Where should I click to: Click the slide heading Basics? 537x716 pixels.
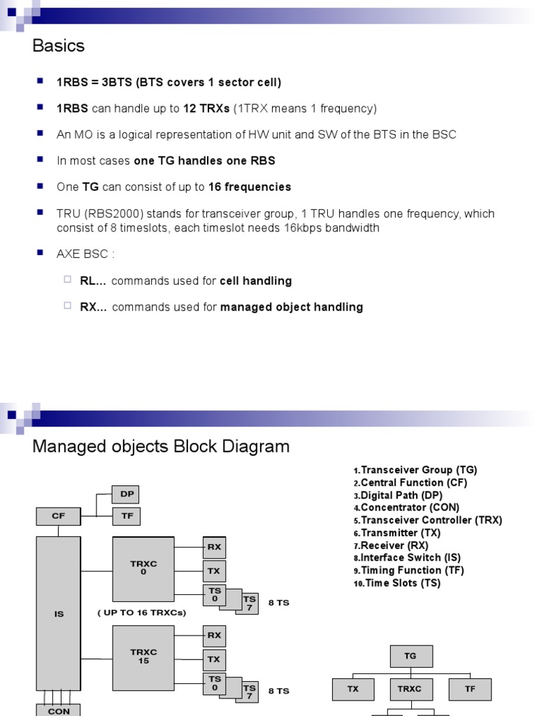pyautogui.click(x=59, y=46)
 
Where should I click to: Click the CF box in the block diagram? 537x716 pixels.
pyautogui.click(x=58, y=516)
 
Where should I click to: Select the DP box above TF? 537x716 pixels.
pyautogui.click(x=127, y=494)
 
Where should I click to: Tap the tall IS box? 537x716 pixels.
pyautogui.click(x=59, y=614)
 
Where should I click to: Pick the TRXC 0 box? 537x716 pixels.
pyautogui.click(x=143, y=569)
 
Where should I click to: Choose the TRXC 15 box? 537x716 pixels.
pyautogui.click(x=143, y=656)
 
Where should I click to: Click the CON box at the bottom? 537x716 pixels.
pyautogui.click(x=59, y=710)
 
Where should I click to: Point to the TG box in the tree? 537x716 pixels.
pyautogui.click(x=410, y=656)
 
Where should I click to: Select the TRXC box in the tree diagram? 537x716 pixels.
pyautogui.click(x=410, y=689)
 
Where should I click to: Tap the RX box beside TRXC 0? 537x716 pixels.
pyautogui.click(x=214, y=547)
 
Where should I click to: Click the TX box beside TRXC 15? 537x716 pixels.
pyautogui.click(x=214, y=659)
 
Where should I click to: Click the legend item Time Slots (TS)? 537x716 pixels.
pyautogui.click(x=400, y=583)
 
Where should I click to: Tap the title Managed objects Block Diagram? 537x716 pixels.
pyautogui.click(x=161, y=447)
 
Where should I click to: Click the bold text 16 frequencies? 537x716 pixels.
pyautogui.click(x=250, y=187)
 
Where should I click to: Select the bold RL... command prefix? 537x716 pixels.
pyautogui.click(x=94, y=281)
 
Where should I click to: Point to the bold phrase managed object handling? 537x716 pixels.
pyautogui.click(x=292, y=307)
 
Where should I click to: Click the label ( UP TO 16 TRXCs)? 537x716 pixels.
pyautogui.click(x=142, y=613)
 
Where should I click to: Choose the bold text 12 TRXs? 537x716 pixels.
pyautogui.click(x=203, y=108)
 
